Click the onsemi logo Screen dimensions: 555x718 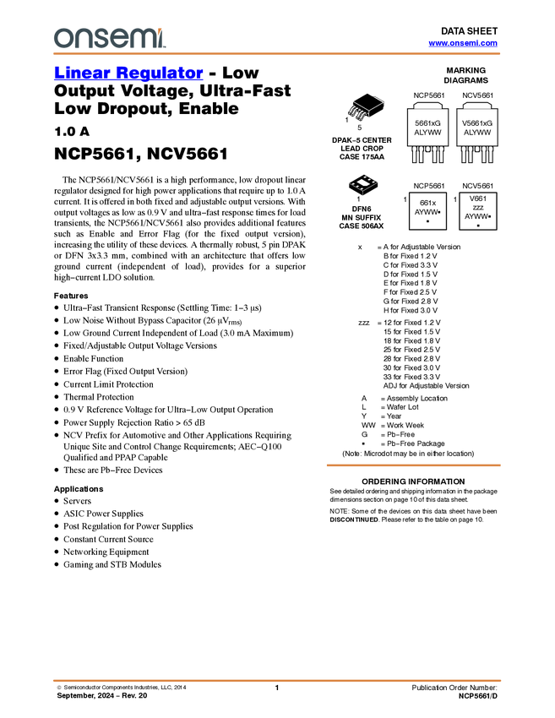pyautogui.click(x=109, y=38)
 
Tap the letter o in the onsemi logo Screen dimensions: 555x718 pyautogui.click(x=61, y=38)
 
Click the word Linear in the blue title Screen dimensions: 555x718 pyautogui.click(x=80, y=73)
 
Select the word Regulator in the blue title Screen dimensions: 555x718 pyautogui.click(x=160, y=73)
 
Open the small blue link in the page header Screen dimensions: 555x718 pyautogui.click(x=463, y=43)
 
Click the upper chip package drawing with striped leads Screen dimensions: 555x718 pyautogui.click(x=361, y=111)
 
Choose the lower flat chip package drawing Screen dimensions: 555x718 pyautogui.click(x=363, y=182)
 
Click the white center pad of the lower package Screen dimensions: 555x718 pyautogui.click(x=363, y=182)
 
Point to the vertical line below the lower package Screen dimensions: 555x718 pyautogui.click(x=363, y=194)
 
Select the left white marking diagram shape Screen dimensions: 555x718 pyautogui.click(x=428, y=106)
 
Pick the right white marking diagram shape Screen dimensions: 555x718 pyautogui.click(x=478, y=106)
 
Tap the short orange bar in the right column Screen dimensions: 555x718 pyautogui.click(x=413, y=465)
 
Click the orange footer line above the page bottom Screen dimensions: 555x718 pyautogui.click(x=276, y=680)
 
